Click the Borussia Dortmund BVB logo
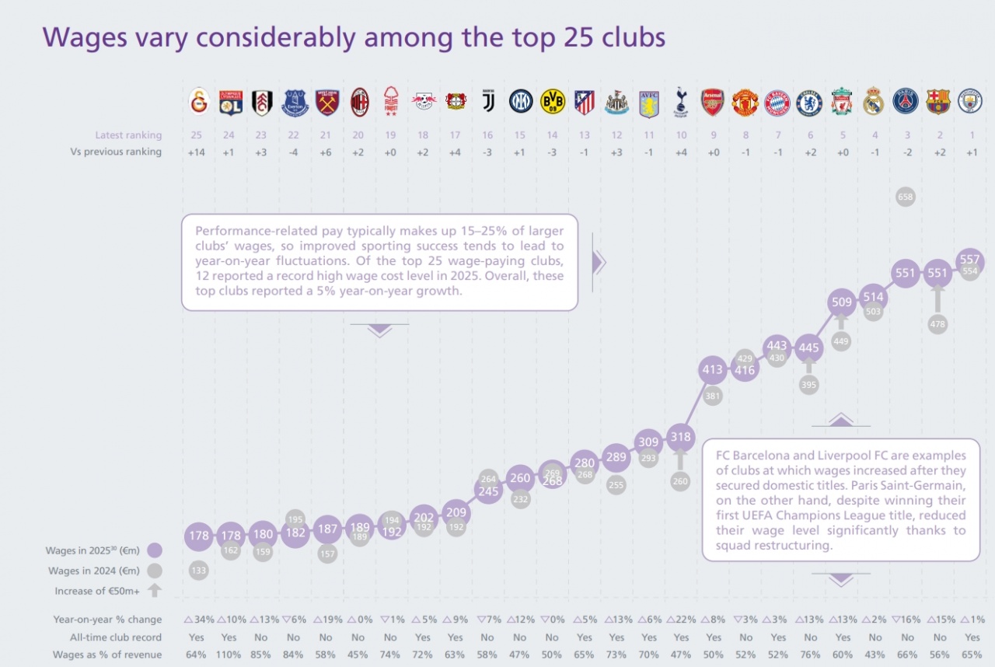552,102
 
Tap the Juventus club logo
488,101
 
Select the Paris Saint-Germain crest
906,101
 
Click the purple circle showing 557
969,260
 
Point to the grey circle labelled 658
906,197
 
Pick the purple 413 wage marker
713,370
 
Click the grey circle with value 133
199,571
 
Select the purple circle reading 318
681,437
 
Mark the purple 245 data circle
488,491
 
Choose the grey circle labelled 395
809,384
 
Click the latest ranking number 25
197,135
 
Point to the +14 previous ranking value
197,152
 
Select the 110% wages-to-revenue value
229,655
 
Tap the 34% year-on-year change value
199,620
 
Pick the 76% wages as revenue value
809,655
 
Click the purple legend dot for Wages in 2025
154,550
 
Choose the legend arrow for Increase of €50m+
154,590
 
